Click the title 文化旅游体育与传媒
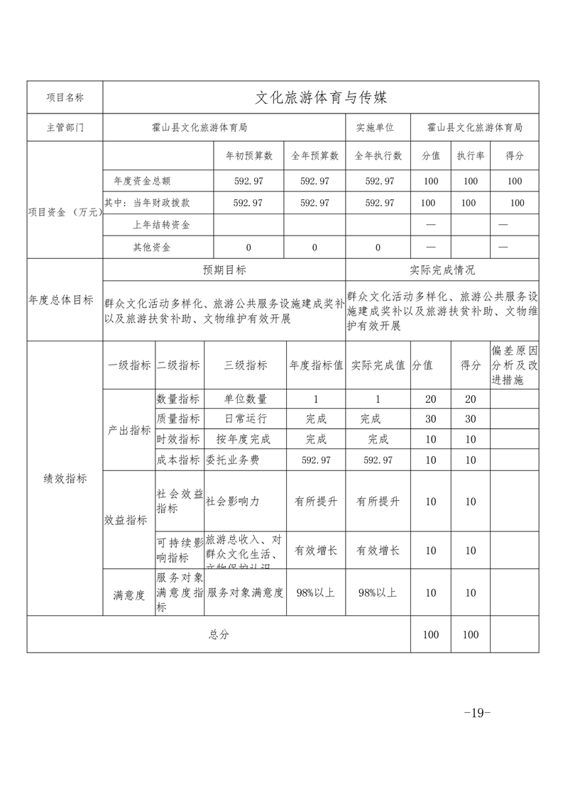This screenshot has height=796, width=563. (321, 97)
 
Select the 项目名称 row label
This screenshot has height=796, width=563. (65, 97)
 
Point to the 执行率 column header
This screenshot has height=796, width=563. (471, 155)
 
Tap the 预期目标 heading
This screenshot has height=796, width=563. (224, 270)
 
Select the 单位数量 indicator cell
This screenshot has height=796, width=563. (246, 399)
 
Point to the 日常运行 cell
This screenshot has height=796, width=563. (246, 419)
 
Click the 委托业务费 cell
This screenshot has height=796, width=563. (232, 460)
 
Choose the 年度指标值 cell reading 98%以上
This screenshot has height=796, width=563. (316, 592)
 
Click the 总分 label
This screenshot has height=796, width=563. (219, 635)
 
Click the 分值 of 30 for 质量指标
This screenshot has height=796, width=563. (430, 419)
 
